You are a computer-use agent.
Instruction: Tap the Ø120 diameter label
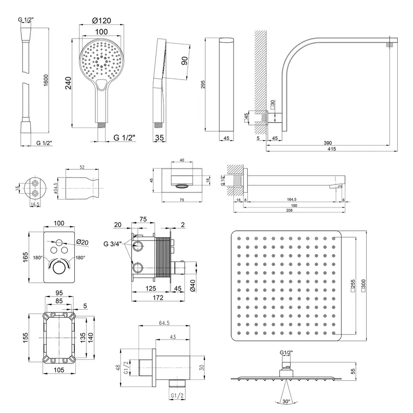pyautogui.click(x=101, y=22)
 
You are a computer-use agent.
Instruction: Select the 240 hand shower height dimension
pyautogui.click(x=69, y=83)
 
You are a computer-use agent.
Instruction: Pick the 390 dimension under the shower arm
pyautogui.click(x=328, y=142)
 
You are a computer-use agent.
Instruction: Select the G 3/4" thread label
pyautogui.click(x=112, y=243)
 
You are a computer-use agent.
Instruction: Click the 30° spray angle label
pyautogui.click(x=286, y=402)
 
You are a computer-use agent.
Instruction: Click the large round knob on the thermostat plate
pyautogui.click(x=59, y=268)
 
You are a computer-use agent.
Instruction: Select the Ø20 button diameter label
pyautogui.click(x=83, y=242)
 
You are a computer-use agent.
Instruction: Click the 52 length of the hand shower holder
pyautogui.click(x=82, y=167)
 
